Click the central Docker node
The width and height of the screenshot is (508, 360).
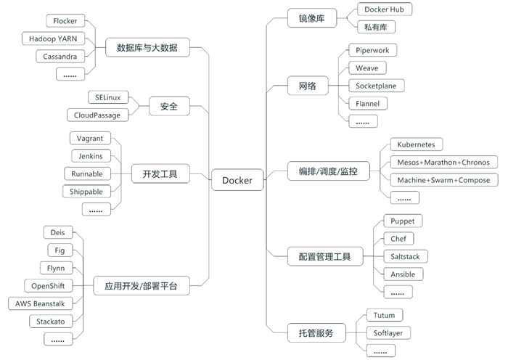237,180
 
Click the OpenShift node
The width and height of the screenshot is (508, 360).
48,285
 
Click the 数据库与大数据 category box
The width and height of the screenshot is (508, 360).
152,49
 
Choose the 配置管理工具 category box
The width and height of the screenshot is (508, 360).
319,256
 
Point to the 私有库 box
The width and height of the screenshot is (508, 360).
376,27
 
